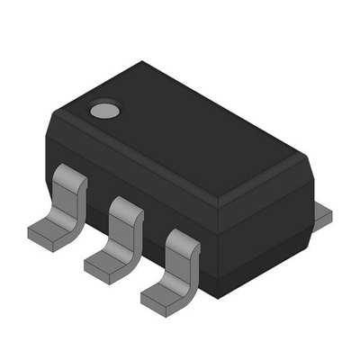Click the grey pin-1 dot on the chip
tap(104, 112)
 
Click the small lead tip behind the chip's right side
tap(322, 216)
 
